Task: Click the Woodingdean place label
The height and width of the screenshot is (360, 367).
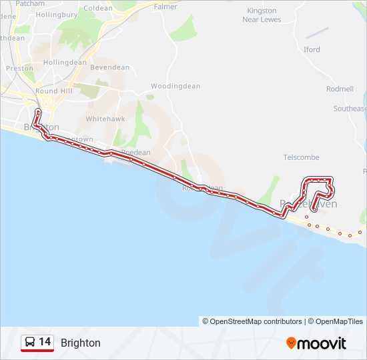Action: [x=175, y=86]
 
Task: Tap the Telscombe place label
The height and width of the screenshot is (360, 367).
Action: [x=301, y=158]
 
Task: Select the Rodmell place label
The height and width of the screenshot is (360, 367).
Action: [x=340, y=89]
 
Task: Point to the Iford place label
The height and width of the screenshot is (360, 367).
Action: [x=312, y=49]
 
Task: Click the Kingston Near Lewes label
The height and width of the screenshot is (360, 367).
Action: [x=262, y=15]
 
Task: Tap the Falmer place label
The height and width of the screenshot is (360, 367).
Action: [x=165, y=7]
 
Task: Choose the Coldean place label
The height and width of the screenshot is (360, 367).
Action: [x=99, y=8]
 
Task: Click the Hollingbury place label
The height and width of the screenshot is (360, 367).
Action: [x=57, y=14]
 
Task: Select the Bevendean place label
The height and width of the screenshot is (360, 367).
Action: [x=109, y=67]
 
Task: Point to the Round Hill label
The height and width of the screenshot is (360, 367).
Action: [x=55, y=91]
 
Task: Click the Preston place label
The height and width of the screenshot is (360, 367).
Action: [x=19, y=68]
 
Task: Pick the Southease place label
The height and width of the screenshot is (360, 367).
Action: [x=350, y=109]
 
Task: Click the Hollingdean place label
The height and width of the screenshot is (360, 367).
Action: [x=65, y=62]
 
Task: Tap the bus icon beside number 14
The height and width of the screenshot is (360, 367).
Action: [x=30, y=343]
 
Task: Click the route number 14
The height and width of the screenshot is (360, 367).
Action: [x=45, y=342]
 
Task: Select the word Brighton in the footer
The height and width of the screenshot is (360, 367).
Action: [x=81, y=343]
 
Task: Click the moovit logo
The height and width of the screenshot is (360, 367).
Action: [x=316, y=343]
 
